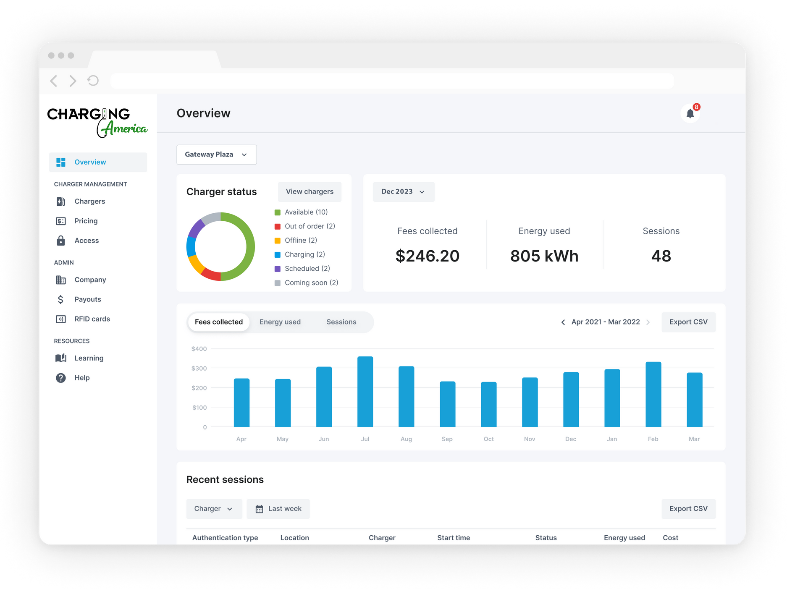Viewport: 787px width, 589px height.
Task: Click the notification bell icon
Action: click(690, 113)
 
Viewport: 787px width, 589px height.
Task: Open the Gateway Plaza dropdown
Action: click(216, 154)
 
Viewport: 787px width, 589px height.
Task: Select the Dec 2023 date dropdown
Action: click(403, 192)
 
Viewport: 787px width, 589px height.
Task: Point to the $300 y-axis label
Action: click(199, 369)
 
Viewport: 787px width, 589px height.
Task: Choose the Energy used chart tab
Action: click(280, 322)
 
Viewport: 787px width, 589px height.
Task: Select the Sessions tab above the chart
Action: click(341, 322)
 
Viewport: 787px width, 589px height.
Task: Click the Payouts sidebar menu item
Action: click(87, 299)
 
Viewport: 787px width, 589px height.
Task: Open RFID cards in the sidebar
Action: click(92, 319)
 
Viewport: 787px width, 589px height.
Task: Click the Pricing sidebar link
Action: click(86, 221)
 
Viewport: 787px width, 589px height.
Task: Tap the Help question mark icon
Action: click(61, 378)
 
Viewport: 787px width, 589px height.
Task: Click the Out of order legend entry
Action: click(310, 226)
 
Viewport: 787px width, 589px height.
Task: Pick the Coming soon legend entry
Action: click(311, 283)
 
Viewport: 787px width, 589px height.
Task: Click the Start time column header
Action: click(454, 538)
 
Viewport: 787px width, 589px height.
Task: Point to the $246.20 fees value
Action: click(428, 256)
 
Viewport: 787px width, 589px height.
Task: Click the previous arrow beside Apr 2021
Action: click(563, 322)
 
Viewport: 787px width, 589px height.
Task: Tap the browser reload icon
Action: click(93, 80)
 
